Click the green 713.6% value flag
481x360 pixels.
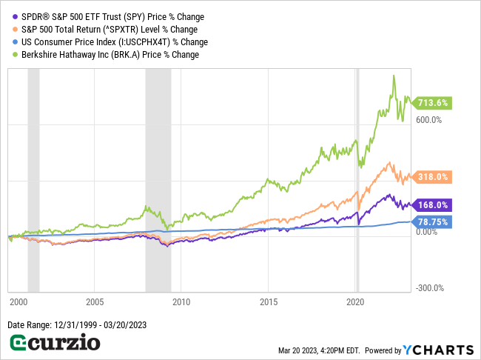(433, 103)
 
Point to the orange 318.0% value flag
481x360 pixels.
(433, 177)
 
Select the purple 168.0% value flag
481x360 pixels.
(433, 205)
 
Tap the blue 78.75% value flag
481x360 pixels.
(433, 221)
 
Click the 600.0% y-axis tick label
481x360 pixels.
(429, 120)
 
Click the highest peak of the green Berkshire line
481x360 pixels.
(394, 76)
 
